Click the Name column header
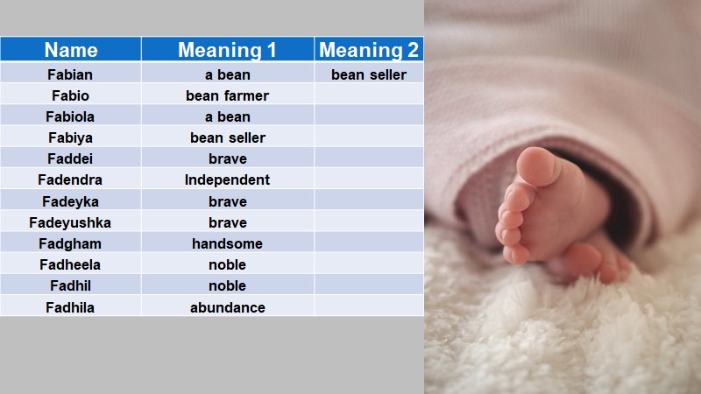point(70,50)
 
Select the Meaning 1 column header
point(227,50)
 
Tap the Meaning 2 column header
point(368,50)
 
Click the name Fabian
point(70,74)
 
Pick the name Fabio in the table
point(70,95)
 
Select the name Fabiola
point(70,116)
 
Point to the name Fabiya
point(70,137)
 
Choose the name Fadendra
point(70,179)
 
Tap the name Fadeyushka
point(70,222)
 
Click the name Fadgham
point(70,243)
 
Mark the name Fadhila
point(70,307)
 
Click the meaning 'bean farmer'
point(227,95)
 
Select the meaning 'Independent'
point(227,179)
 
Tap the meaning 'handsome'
point(227,243)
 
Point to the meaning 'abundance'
point(227,307)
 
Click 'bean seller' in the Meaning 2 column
point(368,74)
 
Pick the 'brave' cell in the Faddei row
point(227,158)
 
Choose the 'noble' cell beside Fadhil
point(227,285)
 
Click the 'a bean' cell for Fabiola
point(227,116)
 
